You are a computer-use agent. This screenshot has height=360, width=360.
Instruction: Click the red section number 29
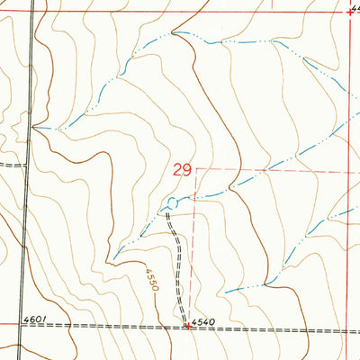[x=180, y=169]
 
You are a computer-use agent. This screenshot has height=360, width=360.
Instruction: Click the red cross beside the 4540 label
[x=186, y=327]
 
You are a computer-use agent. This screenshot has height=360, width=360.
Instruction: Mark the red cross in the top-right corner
[x=350, y=11]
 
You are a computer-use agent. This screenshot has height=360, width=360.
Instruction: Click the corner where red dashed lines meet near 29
[x=194, y=168]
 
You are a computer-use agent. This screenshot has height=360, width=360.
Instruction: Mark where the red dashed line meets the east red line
[x=349, y=171]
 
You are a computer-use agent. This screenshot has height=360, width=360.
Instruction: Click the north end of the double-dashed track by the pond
[x=166, y=212]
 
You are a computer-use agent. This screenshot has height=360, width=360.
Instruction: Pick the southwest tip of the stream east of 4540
[x=225, y=292]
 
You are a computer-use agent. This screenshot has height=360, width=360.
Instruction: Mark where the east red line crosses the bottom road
[x=349, y=331]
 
